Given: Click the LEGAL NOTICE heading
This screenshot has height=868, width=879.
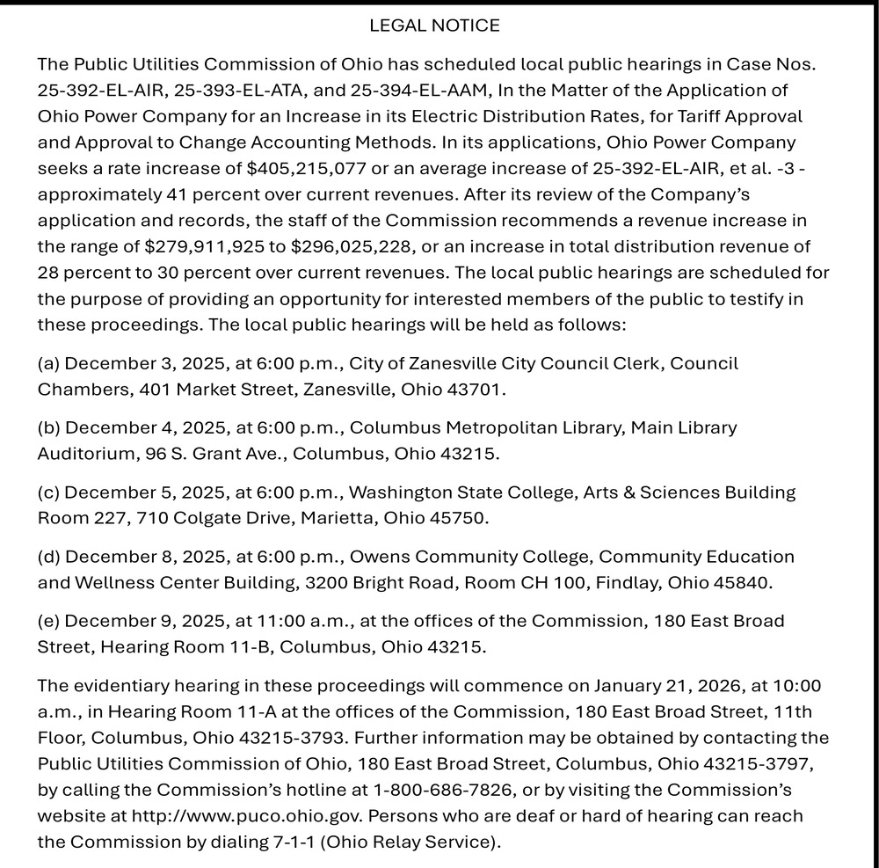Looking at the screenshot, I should coord(434,26).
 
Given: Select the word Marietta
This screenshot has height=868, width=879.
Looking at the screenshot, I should coord(336,518).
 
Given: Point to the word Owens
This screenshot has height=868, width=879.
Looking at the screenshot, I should coord(379,557).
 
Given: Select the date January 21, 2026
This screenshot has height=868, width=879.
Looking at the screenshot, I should coord(666,686).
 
